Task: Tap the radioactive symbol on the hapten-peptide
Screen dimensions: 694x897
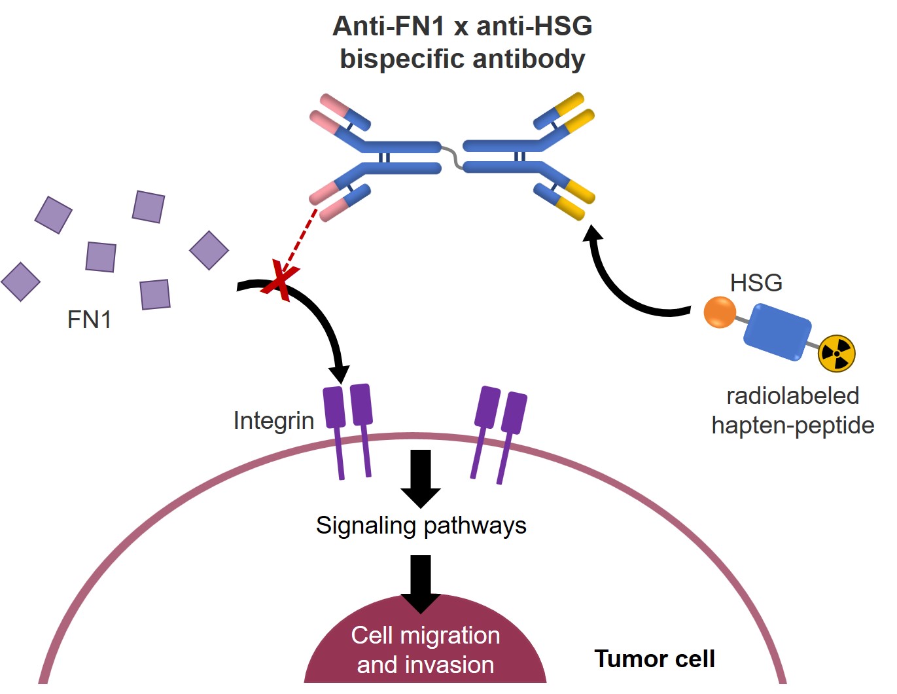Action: (836, 354)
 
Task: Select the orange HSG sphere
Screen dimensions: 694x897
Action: (720, 312)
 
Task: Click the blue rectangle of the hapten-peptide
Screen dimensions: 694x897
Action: (777, 331)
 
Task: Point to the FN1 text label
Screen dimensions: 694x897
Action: (89, 320)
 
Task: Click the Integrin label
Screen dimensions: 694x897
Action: (273, 420)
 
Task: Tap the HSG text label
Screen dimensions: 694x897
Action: (756, 283)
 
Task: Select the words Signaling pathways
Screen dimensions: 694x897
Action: (421, 526)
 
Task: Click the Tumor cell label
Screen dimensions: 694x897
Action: (654, 659)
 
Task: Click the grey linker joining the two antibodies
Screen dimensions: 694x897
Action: (452, 157)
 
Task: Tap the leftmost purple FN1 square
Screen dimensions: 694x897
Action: (20, 282)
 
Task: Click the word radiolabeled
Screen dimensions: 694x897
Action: (792, 396)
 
